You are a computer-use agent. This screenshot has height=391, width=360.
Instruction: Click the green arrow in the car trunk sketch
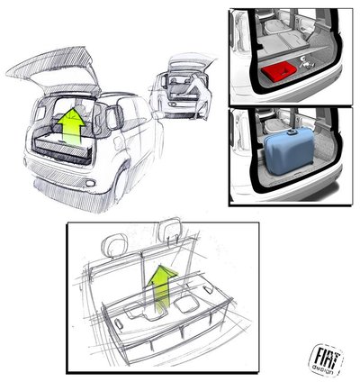click(71, 126)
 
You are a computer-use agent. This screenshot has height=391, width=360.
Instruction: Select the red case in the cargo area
click(279, 71)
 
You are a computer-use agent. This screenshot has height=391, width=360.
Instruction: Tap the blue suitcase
click(290, 151)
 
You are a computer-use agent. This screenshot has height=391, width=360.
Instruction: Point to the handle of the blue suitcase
click(291, 132)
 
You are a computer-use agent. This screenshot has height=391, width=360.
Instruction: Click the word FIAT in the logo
click(326, 357)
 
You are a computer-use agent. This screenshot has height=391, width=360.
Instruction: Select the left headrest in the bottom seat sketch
click(112, 246)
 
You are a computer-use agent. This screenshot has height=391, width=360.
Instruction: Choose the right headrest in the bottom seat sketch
click(170, 229)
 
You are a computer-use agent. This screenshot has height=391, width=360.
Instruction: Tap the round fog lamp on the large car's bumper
click(89, 183)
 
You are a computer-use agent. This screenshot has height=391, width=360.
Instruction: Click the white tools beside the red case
click(307, 63)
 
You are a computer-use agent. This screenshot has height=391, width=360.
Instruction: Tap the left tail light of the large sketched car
click(40, 114)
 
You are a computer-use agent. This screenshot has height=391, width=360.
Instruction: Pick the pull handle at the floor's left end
click(119, 324)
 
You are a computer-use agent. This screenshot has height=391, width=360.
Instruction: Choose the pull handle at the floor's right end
click(208, 289)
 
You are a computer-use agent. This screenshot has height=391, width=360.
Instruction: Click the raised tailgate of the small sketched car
click(192, 60)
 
